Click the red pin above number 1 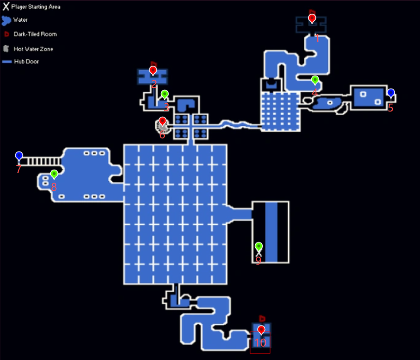coord(312,19)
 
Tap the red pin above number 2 coord(153,71)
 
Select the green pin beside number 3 coord(164,95)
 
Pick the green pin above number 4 coord(315,80)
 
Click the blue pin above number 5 coord(391,93)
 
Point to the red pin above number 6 coord(162,121)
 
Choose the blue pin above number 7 coord(19,156)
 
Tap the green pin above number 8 coord(54,174)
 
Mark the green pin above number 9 coord(258,246)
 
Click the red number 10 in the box coord(260,343)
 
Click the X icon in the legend coord(6,7)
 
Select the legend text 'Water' coord(20,20)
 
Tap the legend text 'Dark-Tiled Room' coord(35,34)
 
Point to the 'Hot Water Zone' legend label coord(33,49)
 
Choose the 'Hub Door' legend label coord(26,62)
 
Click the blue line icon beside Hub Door coord(7,62)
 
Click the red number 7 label coord(19,169)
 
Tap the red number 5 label coord(391,108)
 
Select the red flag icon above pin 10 coord(262,318)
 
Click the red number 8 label coord(54,187)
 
